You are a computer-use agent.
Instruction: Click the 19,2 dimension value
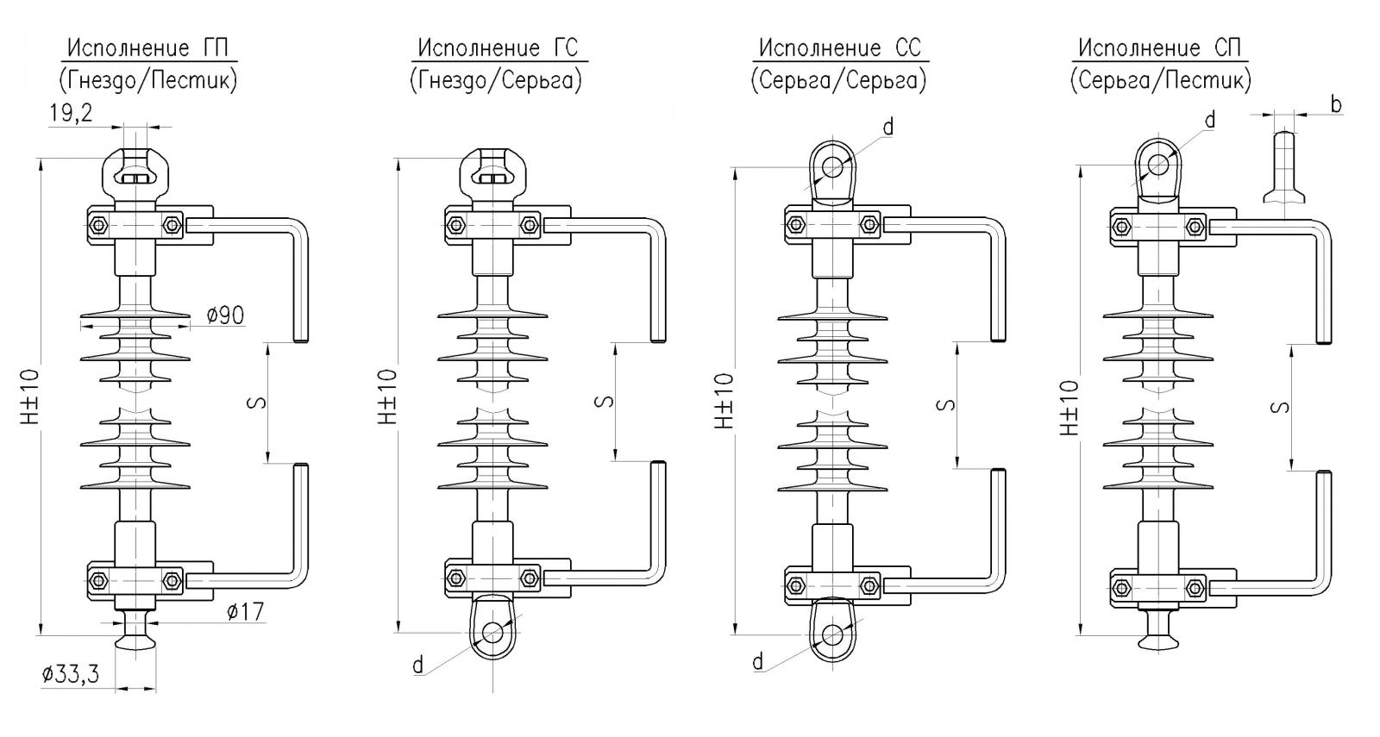tap(71, 113)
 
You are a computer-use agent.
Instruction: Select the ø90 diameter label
tap(225, 315)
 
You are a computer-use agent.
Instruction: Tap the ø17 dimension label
tap(245, 611)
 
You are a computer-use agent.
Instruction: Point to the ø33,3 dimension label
tap(70, 675)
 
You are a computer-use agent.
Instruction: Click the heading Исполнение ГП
tap(147, 48)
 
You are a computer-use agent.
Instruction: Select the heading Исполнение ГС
tap(499, 48)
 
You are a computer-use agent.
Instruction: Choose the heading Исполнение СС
tap(840, 48)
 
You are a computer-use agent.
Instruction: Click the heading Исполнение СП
tap(1159, 48)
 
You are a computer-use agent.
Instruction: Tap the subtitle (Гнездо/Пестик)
tap(147, 81)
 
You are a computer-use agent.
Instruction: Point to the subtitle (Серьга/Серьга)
tap(838, 81)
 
